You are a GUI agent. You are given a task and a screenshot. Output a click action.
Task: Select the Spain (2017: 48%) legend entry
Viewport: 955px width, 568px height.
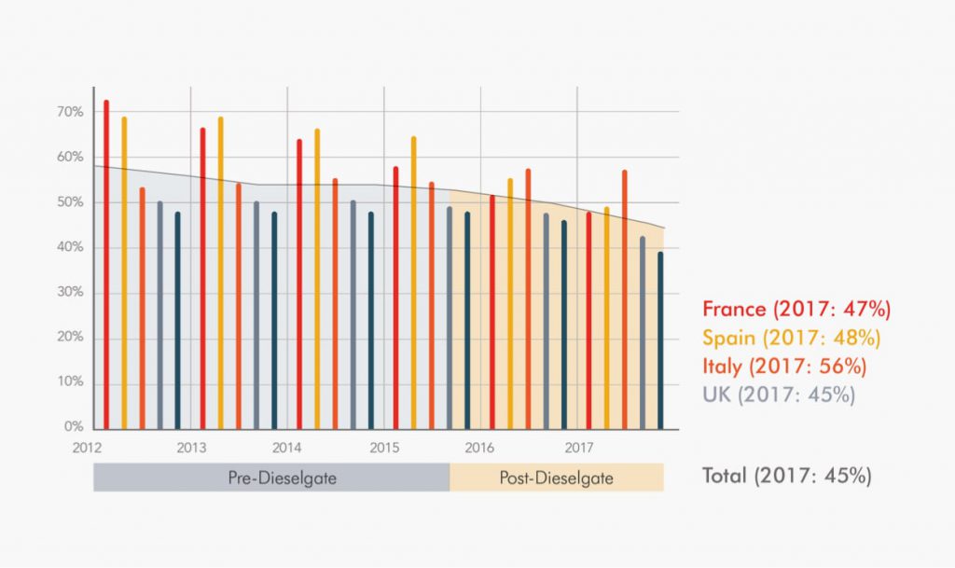791,337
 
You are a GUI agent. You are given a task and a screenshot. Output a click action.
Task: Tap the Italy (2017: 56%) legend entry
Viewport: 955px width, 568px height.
785,366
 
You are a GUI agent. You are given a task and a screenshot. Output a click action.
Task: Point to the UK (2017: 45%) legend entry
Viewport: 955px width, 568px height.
779,394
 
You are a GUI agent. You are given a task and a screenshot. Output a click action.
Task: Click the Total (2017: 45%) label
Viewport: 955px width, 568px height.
786,476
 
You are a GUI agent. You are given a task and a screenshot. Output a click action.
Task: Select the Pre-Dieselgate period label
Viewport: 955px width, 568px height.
270,478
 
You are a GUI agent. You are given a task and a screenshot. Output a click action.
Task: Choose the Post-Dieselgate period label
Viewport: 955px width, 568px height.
556,478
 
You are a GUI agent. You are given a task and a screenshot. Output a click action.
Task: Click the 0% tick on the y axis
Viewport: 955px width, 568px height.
74,427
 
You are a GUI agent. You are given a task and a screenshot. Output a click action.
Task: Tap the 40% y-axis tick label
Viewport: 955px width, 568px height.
71,247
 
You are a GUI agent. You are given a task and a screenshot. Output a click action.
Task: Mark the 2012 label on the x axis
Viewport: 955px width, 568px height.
87,447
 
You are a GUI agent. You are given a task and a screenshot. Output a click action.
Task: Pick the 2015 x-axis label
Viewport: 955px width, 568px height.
384,447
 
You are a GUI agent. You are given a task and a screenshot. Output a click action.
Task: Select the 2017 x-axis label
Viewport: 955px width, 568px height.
578,447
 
